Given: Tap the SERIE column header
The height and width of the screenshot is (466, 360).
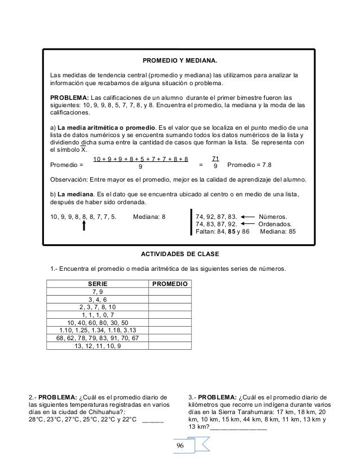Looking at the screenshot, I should click(x=98, y=284).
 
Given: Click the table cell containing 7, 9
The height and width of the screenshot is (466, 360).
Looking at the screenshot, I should click(x=98, y=291).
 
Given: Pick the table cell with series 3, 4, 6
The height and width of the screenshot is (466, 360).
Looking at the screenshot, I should click(x=98, y=299).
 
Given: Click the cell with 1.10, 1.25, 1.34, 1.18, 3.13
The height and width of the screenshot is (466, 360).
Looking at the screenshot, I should click(x=98, y=330).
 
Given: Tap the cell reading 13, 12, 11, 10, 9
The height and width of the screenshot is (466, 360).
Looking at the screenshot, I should click(x=98, y=346).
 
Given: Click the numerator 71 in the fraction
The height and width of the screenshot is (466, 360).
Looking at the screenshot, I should click(x=214, y=160).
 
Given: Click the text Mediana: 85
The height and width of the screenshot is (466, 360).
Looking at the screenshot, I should click(x=282, y=231).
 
